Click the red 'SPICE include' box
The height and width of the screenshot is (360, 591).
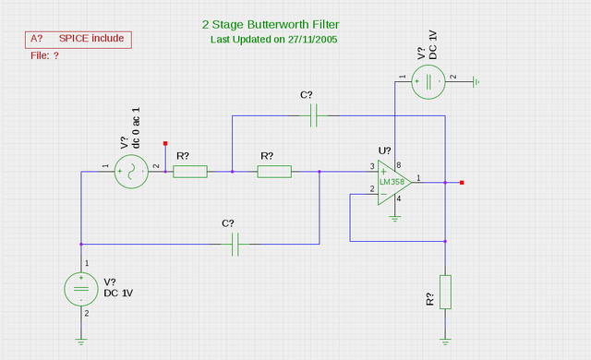pos(78,39)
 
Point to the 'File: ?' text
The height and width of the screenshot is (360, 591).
pos(45,56)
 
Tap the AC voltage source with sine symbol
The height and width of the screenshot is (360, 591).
pos(131,172)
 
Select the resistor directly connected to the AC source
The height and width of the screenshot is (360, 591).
pos(190,171)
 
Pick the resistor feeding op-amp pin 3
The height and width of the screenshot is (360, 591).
pos(274,171)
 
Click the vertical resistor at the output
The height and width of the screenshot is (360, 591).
pos(445,292)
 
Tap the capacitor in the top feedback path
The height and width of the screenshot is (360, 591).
pos(314,115)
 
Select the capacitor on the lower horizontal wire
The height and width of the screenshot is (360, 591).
pos(235,244)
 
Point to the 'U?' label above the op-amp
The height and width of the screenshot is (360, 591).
pos(384,150)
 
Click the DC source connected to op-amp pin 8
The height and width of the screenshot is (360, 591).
pos(428,82)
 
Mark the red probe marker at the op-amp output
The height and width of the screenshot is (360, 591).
pos(462,183)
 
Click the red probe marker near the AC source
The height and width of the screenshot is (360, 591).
pos(165,143)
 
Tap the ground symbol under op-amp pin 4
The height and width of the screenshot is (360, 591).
pos(395,218)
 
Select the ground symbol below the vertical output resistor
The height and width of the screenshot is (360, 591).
pos(445,340)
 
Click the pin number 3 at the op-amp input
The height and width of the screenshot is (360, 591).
pos(372,167)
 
